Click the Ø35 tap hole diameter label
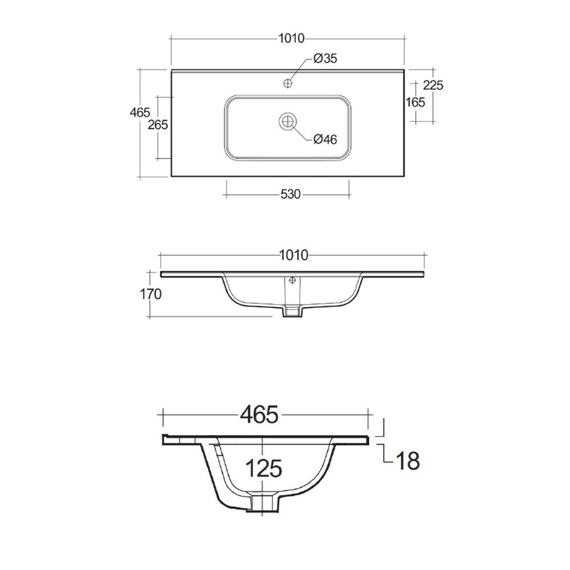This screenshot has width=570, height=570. point(325,58)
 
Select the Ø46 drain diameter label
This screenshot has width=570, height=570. point(325,139)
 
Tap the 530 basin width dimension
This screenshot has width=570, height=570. point(291,194)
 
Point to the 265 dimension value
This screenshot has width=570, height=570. point(158,125)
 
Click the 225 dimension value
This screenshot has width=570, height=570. point(433,85)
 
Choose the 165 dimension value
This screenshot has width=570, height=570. point(415,102)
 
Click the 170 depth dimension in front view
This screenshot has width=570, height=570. point(150,294)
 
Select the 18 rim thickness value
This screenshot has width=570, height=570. point(408,460)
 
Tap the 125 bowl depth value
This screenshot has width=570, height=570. point(264,468)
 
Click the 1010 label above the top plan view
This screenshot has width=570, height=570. point(291,38)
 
